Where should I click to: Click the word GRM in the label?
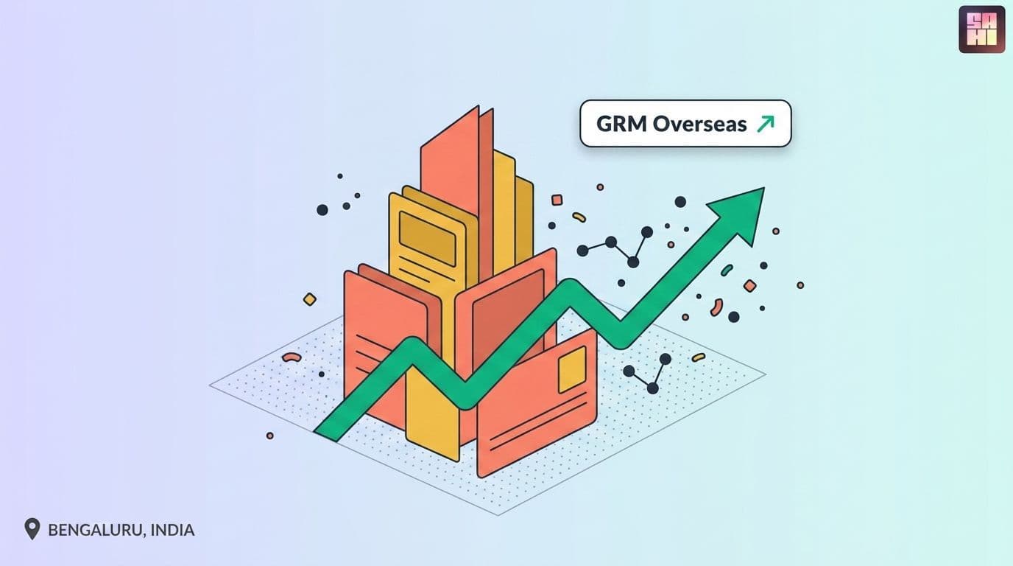tap(621, 124)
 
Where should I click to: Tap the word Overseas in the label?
tap(699, 124)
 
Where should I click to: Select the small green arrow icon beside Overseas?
tap(766, 124)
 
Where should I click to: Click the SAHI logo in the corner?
tap(982, 29)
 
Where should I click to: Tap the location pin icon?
tap(32, 529)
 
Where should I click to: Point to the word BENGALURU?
tap(96, 530)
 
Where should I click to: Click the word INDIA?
tap(172, 530)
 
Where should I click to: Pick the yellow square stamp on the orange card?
tap(573, 370)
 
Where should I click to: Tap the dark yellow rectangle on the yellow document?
tap(427, 239)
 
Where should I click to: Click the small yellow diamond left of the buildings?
tap(310, 299)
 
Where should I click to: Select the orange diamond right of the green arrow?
tap(749, 286)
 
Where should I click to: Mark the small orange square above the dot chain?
tap(557, 200)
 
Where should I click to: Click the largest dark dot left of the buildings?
tap(322, 209)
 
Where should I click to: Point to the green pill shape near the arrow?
tap(727, 270)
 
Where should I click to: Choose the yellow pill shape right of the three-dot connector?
tap(698, 357)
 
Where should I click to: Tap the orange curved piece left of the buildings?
tap(292, 357)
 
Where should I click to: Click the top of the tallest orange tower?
tap(478, 107)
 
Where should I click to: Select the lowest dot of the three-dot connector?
tap(652, 388)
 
